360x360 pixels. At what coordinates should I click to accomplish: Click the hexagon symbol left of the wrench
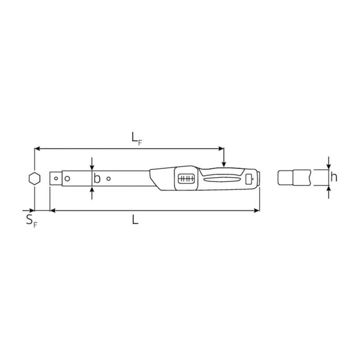(x=34, y=178)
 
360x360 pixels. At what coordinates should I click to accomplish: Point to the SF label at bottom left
(x=31, y=220)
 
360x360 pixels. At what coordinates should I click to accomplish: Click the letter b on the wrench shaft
(x=97, y=178)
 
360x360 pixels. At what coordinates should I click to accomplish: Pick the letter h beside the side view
(x=333, y=177)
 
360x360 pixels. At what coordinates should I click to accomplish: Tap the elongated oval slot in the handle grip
(x=223, y=178)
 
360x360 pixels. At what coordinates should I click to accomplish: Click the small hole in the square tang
(x=55, y=178)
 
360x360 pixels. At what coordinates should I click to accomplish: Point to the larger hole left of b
(x=67, y=178)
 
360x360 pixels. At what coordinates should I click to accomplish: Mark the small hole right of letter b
(x=108, y=178)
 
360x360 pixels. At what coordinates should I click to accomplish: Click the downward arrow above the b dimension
(x=92, y=166)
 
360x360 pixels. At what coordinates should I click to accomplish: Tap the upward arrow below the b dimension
(x=92, y=191)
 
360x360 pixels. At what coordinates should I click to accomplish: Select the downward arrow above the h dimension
(x=328, y=165)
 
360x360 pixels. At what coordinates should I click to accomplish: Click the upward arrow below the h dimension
(x=328, y=190)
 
